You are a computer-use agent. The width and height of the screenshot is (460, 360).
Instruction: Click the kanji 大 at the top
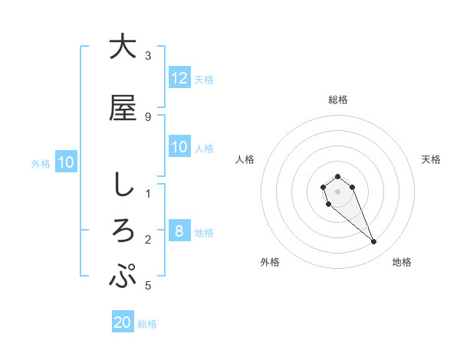click(123, 47)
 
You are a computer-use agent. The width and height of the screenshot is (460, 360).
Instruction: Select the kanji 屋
click(123, 108)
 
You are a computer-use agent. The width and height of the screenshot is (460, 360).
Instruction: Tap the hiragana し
click(123, 185)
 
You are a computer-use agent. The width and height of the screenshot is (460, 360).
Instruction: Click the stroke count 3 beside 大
click(148, 56)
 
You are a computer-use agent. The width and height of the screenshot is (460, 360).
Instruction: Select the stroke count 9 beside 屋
click(148, 117)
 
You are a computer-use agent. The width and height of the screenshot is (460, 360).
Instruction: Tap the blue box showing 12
click(179, 77)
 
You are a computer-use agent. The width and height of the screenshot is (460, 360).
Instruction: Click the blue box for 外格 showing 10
click(65, 162)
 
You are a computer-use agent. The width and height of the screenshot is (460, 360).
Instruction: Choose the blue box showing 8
click(179, 231)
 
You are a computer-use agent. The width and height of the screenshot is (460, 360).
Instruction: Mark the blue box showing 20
click(123, 322)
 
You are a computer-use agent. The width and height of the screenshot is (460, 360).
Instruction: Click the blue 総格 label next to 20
click(147, 324)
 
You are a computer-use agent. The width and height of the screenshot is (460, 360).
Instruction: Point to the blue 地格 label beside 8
click(204, 232)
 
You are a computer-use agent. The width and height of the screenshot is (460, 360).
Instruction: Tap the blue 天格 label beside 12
click(204, 79)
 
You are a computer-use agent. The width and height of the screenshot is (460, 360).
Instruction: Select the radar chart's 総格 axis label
click(338, 100)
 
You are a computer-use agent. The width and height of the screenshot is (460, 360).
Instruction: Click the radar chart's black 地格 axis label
click(402, 263)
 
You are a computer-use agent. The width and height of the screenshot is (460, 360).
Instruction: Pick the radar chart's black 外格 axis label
click(270, 263)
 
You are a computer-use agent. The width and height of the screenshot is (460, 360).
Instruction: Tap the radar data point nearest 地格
click(374, 242)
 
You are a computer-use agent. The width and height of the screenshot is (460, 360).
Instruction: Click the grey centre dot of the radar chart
click(337, 191)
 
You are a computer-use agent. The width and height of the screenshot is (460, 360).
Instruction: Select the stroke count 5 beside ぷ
click(148, 286)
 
